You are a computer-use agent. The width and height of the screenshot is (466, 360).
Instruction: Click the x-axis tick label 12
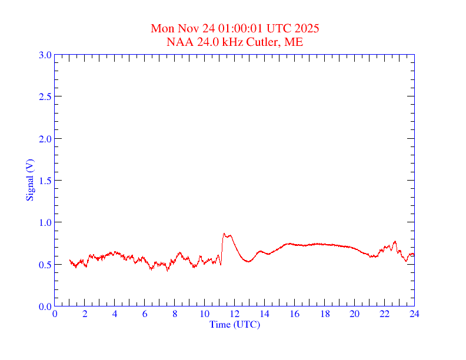pos(234,314)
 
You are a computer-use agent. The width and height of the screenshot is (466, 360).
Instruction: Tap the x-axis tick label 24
pos(414,314)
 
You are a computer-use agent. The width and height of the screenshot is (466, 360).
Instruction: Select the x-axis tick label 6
pos(145,314)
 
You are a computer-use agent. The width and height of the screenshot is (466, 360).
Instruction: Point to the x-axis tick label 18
pos(324,314)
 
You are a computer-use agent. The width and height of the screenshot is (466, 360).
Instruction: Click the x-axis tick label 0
pos(55,314)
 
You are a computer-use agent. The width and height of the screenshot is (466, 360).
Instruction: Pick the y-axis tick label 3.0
pos(45,55)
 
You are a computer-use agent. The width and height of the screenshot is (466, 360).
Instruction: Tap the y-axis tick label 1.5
pos(45,181)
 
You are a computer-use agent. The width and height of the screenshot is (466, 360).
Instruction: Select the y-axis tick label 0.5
pos(45,265)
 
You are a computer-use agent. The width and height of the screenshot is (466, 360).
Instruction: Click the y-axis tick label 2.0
pos(45,139)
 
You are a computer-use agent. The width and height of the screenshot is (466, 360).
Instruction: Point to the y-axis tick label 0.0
pos(45,306)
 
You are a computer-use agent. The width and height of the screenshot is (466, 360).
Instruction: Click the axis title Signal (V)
pos(29,180)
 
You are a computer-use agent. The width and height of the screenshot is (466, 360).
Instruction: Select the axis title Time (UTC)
pos(234,324)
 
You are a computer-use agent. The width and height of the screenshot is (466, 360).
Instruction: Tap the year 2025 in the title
pos(308,28)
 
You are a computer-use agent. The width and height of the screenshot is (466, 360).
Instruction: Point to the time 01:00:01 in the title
pos(241,28)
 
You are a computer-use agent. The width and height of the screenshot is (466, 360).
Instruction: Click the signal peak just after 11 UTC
pos(224,234)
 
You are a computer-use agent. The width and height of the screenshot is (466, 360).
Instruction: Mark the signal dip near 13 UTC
pos(248,261)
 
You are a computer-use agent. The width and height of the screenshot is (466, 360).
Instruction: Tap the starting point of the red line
pos(69,259)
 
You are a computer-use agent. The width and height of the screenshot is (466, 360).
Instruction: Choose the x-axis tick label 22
pos(384,314)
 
